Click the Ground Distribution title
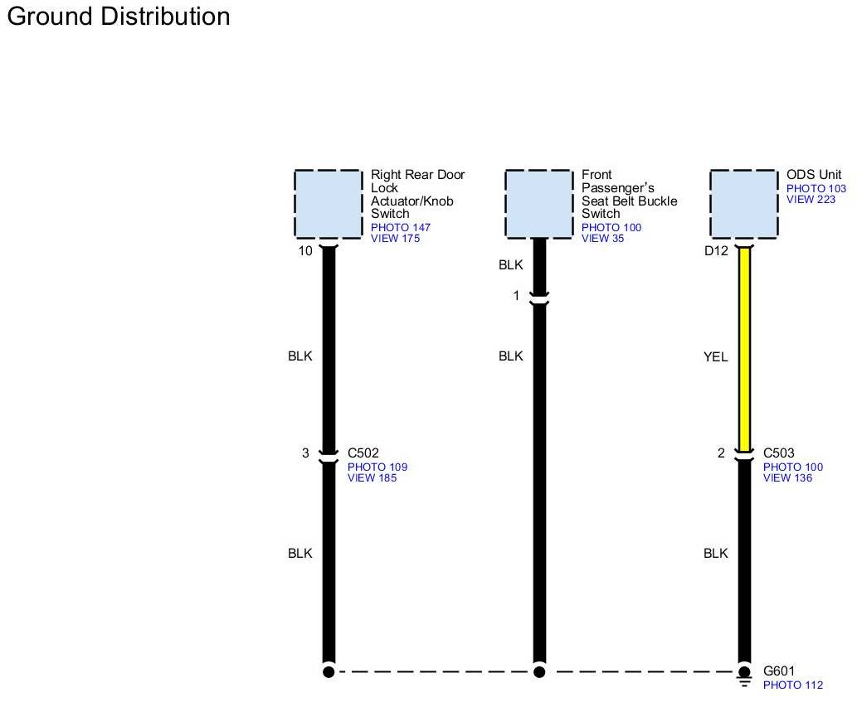[118, 17]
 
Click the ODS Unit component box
[744, 204]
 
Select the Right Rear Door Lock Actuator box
[329, 204]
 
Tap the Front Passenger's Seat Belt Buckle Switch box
[539, 204]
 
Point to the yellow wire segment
[744, 348]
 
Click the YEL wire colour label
[715, 357]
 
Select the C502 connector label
[363, 453]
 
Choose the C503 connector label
[779, 453]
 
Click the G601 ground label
[779, 671]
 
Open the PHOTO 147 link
[401, 227]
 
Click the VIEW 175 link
[395, 239]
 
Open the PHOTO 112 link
[793, 685]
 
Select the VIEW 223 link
[811, 199]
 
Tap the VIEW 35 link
[602, 239]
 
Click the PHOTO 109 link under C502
[377, 467]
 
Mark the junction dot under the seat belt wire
[539, 671]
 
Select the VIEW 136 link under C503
[787, 477]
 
